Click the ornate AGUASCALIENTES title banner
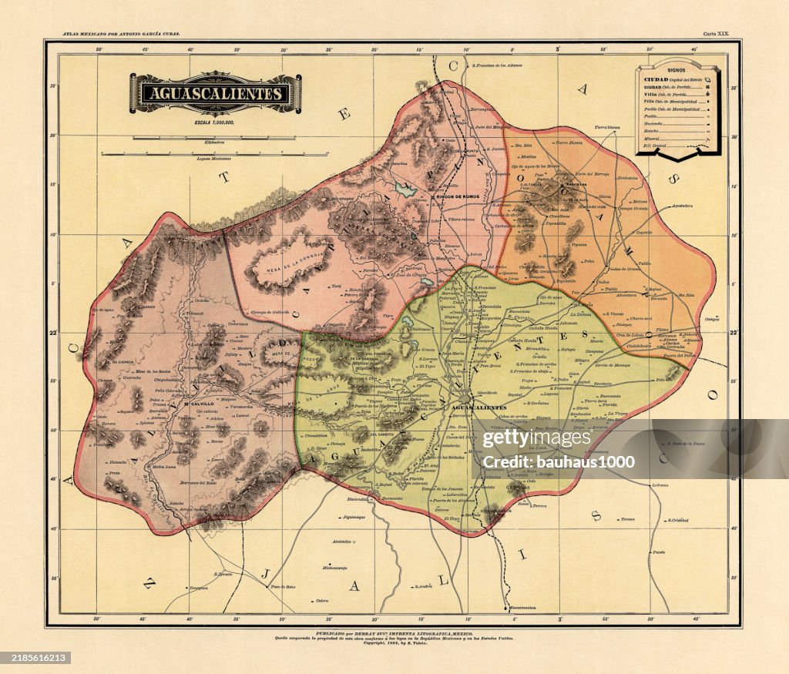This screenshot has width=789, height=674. click(x=215, y=94)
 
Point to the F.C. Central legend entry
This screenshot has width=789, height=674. click(x=657, y=146)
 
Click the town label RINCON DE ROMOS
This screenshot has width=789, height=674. click(x=458, y=196)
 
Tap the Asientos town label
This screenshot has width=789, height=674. click(x=576, y=185)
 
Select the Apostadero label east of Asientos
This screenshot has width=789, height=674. click(x=681, y=206)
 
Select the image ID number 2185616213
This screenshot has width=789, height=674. click(x=35, y=658)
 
